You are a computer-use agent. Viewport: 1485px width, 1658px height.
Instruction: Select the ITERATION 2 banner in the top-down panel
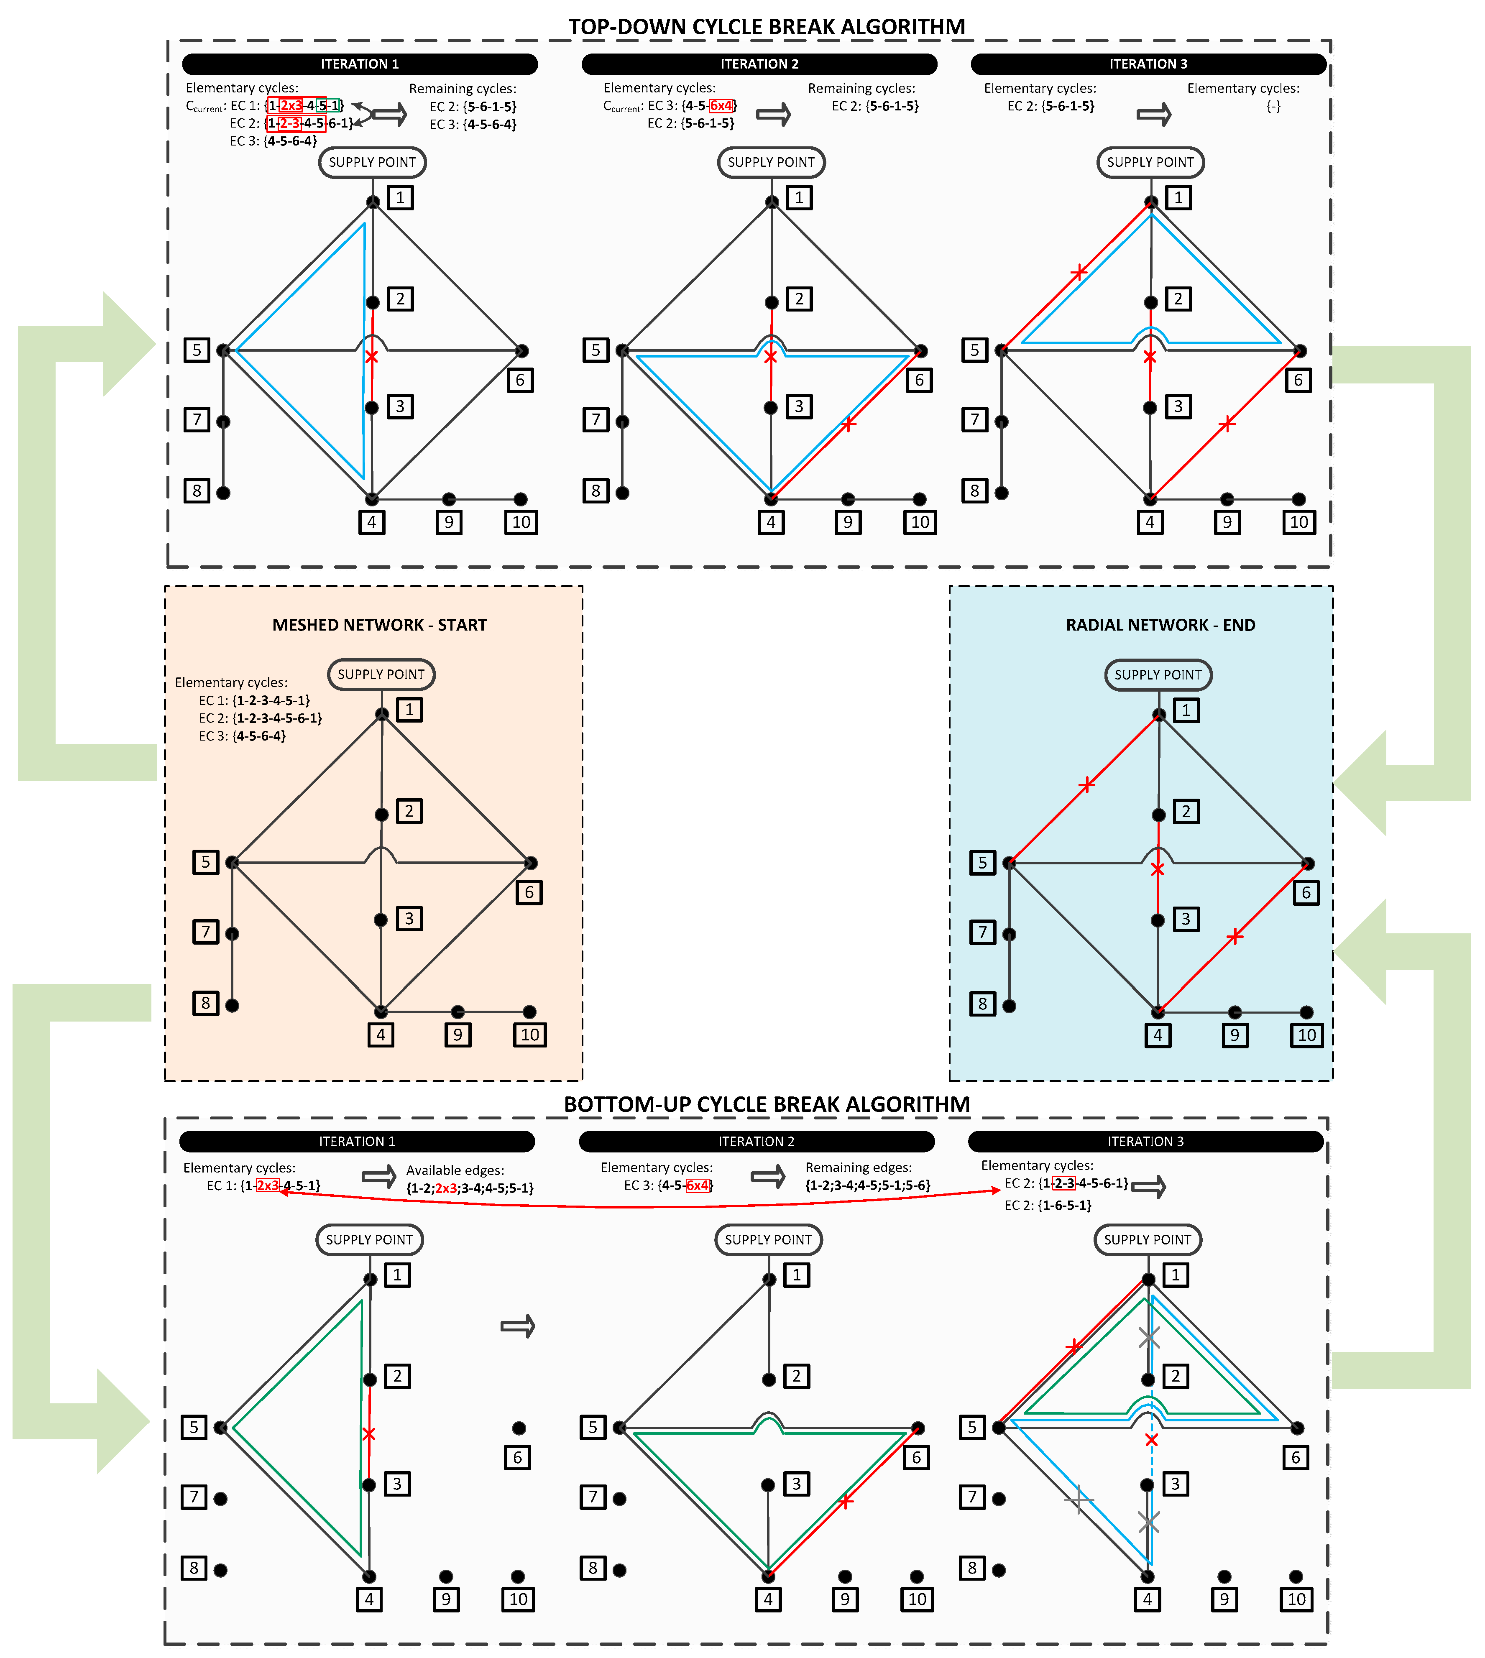point(759,64)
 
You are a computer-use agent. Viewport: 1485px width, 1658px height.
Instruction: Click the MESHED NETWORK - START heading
point(379,625)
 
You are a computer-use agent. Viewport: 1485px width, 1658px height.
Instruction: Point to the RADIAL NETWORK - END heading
point(1160,625)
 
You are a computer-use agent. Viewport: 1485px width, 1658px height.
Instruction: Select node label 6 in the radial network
point(1306,893)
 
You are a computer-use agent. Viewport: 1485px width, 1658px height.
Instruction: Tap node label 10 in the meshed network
point(529,1035)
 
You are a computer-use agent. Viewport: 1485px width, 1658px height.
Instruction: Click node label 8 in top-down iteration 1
point(197,491)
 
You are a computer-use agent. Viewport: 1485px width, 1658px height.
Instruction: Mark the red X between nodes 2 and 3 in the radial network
point(1157,870)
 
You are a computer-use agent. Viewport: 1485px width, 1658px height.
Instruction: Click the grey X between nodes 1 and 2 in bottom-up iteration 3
point(1149,1337)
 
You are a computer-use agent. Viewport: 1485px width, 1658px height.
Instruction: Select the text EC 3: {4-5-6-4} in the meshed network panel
point(242,736)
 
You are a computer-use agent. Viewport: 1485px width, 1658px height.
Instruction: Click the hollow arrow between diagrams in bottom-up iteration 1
point(517,1326)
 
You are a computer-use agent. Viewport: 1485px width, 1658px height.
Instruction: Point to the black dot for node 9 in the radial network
point(1235,1012)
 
